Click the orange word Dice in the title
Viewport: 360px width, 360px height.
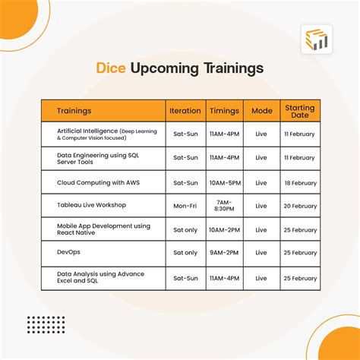pos(111,68)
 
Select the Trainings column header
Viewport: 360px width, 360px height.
pos(74,110)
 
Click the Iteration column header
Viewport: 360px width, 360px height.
pos(185,110)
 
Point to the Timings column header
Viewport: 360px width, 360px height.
pos(224,110)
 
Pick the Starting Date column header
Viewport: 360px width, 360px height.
pos(299,110)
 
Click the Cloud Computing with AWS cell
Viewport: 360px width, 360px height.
pos(98,182)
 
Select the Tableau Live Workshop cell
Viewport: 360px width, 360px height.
pos(91,206)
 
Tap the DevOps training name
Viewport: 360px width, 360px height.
pos(69,252)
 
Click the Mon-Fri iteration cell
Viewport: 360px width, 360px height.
pos(185,206)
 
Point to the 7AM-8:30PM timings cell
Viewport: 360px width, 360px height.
pos(224,206)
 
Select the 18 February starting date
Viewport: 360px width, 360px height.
pos(299,182)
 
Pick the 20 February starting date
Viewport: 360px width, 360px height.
pos(299,206)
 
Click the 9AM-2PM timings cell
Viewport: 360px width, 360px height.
pos(224,252)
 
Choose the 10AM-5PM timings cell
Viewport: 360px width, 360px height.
pos(224,182)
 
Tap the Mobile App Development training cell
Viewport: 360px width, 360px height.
pos(103,229)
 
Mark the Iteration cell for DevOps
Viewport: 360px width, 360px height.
pos(185,252)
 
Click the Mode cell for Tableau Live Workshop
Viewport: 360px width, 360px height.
pos(261,206)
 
